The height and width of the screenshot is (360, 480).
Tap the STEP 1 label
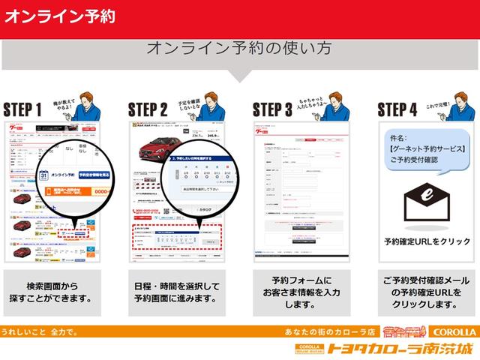[x=22, y=109]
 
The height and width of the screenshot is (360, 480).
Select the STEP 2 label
[x=147, y=109]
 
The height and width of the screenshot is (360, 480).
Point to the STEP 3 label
[x=271, y=109]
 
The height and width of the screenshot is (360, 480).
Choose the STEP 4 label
[x=397, y=109]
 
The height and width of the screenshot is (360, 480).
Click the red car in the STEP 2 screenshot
[x=155, y=146]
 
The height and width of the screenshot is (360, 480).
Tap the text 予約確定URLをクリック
[x=427, y=241]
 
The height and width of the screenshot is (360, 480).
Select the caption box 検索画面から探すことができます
[x=54, y=292]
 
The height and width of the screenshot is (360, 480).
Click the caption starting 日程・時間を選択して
[x=178, y=292]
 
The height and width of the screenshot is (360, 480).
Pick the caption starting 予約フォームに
[x=302, y=292]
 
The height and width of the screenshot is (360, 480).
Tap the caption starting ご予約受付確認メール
[x=427, y=292]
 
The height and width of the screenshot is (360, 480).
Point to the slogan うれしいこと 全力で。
[x=39, y=331]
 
